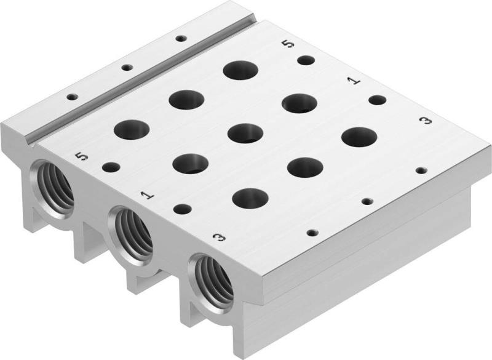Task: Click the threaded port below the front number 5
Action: (54, 184)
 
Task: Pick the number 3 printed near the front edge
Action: (216, 236)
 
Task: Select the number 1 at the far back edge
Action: (352, 80)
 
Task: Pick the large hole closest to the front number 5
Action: (131, 130)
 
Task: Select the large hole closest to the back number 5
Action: (240, 69)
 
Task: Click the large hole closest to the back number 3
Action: (359, 137)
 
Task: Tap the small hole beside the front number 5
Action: (111, 167)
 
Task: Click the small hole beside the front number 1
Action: (181, 209)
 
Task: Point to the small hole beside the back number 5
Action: (306, 60)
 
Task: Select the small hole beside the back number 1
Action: (377, 100)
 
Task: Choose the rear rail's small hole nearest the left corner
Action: (72, 97)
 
